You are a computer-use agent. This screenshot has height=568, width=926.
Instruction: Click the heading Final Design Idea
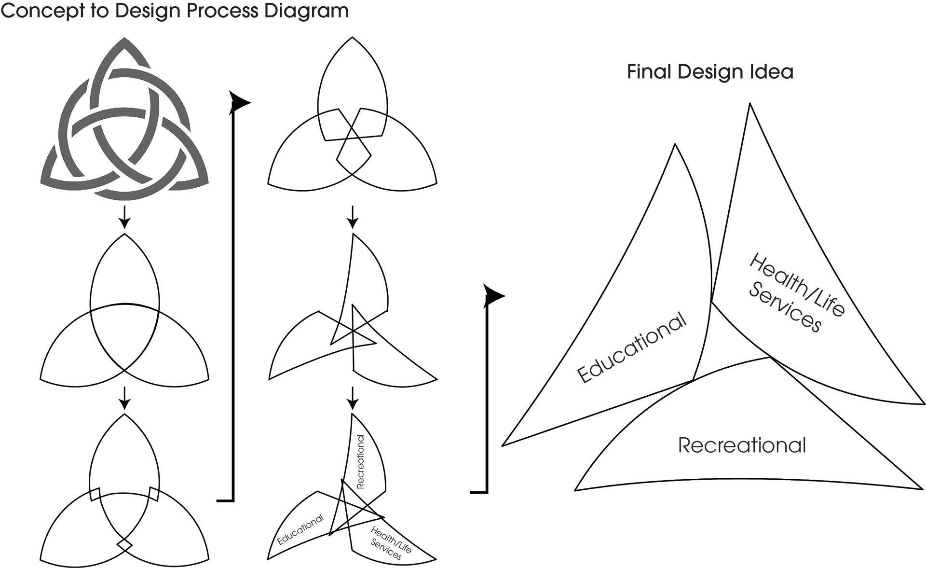pyautogui.click(x=710, y=72)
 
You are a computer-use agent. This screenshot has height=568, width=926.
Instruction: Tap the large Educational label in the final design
pyautogui.click(x=632, y=347)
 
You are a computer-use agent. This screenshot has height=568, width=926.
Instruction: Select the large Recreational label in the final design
pyautogui.click(x=742, y=445)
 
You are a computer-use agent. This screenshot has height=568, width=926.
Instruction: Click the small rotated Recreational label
pyautogui.click(x=360, y=461)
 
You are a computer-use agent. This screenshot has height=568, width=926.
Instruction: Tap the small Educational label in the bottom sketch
pyautogui.click(x=300, y=530)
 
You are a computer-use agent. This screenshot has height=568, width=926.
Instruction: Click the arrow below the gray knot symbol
pyautogui.click(x=124, y=218)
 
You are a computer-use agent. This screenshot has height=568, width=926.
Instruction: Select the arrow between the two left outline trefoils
pyautogui.click(x=124, y=398)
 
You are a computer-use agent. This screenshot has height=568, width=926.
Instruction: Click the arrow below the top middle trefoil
pyautogui.click(x=353, y=218)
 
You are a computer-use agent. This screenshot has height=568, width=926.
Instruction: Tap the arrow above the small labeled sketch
pyautogui.click(x=353, y=398)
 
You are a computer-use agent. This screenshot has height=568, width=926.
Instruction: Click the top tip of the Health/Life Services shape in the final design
pyautogui.click(x=749, y=104)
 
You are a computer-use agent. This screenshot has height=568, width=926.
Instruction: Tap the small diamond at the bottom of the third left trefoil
pyautogui.click(x=124, y=545)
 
